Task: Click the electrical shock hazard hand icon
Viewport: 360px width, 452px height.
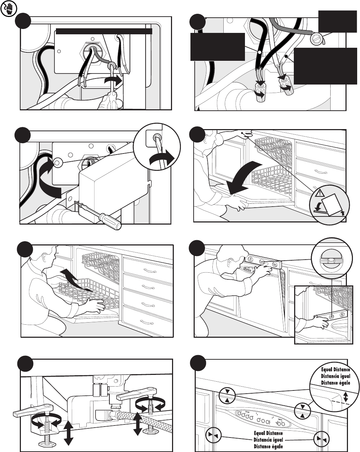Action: point(8,9)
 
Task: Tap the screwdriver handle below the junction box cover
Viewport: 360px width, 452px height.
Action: point(110,221)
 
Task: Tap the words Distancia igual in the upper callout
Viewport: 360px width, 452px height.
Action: point(336,376)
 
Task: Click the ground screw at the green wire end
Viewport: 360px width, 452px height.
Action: point(316,39)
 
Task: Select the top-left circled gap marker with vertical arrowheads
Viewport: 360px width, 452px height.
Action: point(227,395)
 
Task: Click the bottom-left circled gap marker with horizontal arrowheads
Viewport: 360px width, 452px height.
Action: point(213,435)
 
